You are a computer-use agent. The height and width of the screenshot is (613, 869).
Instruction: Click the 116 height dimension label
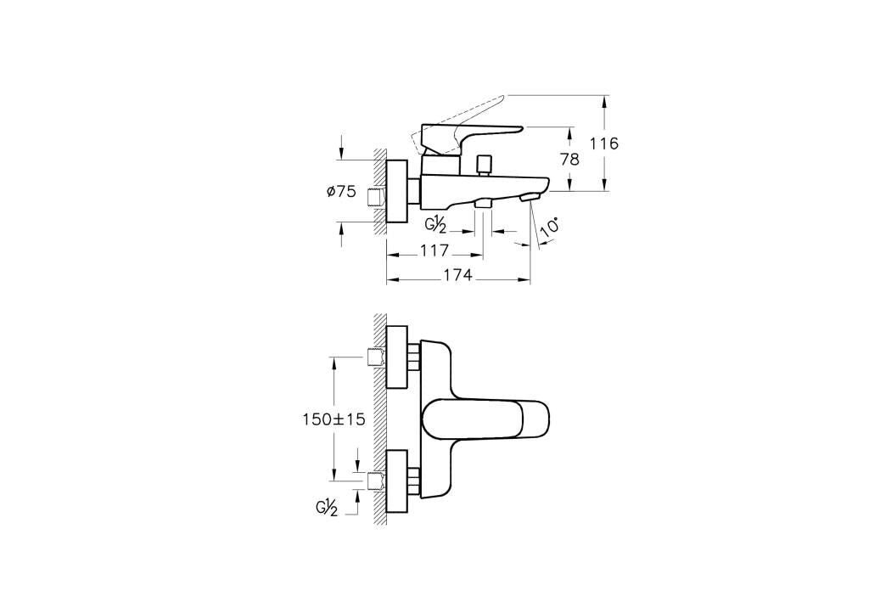603,143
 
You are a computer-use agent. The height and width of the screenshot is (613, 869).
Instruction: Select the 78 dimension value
569,159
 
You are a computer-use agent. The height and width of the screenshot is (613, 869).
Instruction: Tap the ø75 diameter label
341,192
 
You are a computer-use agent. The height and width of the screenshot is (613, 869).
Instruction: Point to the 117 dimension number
434,250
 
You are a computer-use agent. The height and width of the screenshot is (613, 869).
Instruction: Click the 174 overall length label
457,274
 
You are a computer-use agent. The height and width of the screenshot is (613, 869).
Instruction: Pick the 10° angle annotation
549,228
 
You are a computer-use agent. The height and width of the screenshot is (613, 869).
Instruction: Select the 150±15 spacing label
334,419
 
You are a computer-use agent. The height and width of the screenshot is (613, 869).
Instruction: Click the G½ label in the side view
435,227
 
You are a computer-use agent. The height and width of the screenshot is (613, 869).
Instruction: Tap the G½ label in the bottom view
327,509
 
